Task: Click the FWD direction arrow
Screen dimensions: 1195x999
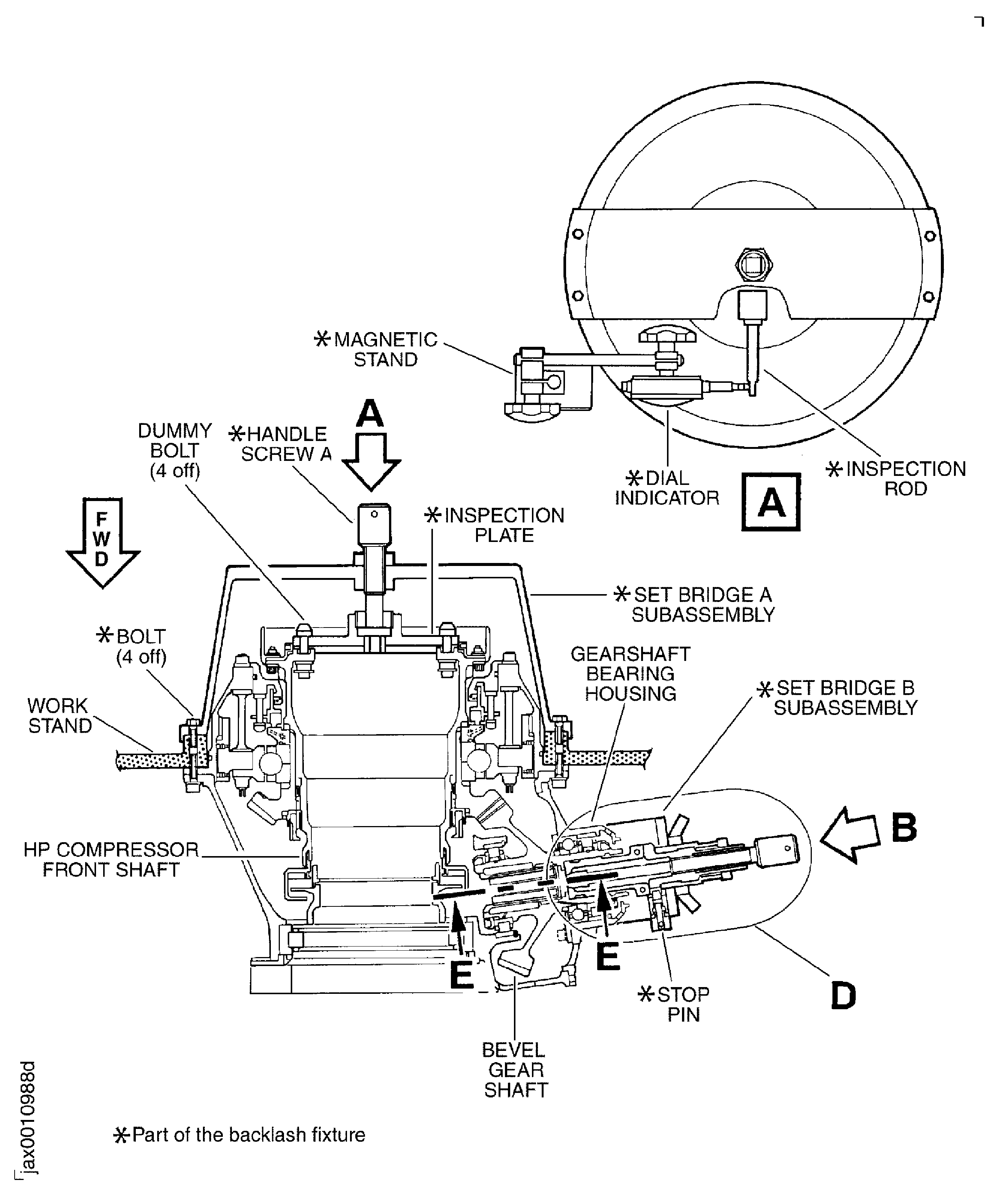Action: point(102,540)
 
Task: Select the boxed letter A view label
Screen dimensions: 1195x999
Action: point(771,502)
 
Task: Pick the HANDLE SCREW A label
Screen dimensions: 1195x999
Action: point(282,444)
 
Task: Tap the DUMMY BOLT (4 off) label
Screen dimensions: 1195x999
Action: point(175,450)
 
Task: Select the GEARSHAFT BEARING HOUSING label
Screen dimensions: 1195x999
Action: point(630,674)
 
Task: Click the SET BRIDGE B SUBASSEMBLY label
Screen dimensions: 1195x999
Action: point(839,698)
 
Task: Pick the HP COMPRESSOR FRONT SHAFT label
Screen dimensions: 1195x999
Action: point(111,860)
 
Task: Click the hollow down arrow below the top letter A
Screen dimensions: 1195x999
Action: point(371,461)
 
